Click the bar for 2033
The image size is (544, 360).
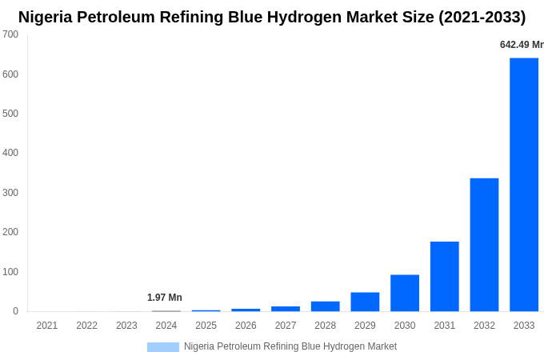pos(524,184)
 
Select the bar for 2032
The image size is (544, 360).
pos(484,244)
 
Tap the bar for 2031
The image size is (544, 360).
pos(444,276)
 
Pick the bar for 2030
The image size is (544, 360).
pos(405,293)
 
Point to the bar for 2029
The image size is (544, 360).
pos(365,302)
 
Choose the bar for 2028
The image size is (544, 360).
pos(325,306)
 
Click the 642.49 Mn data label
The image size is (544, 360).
pos(521,45)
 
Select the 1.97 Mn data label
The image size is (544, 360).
pos(165,298)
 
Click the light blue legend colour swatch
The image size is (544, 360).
pos(163,347)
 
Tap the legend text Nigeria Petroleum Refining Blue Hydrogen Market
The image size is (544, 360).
pos(290,346)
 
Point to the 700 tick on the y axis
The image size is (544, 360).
pos(10,34)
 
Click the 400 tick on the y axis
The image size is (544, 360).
pos(10,153)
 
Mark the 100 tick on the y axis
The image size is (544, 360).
pos(10,272)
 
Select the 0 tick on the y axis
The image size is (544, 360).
pos(15,311)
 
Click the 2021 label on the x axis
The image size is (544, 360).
pos(47,326)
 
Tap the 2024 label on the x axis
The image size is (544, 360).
pos(166,326)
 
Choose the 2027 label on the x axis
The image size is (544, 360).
pos(286,326)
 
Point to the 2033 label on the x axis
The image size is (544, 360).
pos(524,326)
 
